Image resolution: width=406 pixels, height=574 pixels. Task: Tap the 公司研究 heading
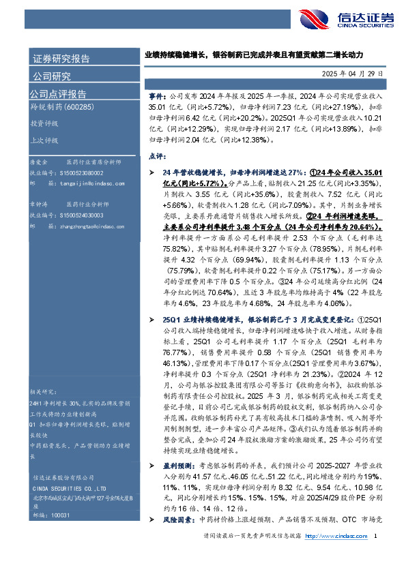[52, 76]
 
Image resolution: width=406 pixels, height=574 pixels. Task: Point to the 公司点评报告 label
[58, 94]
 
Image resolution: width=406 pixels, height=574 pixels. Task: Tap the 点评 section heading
[156, 156]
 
